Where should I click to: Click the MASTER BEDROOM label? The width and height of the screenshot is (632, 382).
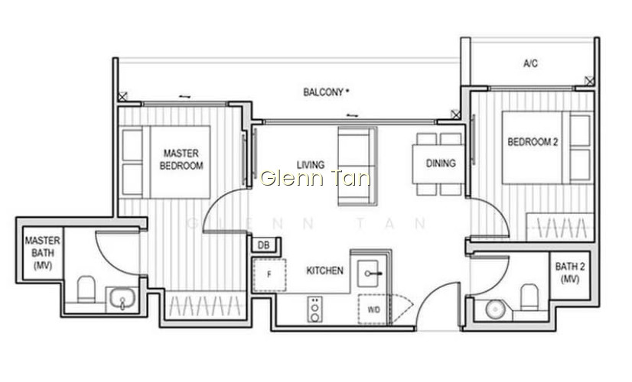[181, 160]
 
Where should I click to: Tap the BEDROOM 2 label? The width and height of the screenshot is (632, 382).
[533, 142]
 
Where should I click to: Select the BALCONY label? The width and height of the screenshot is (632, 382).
[326, 92]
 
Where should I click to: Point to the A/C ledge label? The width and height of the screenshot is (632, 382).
[530, 63]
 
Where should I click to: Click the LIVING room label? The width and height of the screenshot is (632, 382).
[311, 164]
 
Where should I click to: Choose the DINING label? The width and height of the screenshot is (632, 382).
[441, 163]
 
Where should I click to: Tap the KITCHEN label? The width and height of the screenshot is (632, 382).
[325, 270]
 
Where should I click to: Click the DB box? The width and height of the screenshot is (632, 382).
[264, 245]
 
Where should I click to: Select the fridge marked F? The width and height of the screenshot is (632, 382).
[269, 275]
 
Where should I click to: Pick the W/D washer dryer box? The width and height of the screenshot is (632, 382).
[373, 309]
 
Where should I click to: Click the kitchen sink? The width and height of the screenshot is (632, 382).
[369, 274]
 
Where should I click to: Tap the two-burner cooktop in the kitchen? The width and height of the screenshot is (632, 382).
[314, 309]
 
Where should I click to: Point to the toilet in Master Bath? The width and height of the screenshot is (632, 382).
[86, 289]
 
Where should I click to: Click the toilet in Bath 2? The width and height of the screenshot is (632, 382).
[529, 297]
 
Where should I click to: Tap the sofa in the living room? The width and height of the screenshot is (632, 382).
[357, 167]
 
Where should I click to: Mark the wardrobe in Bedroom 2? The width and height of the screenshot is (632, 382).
[560, 228]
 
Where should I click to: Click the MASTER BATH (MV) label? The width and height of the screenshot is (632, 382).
[42, 253]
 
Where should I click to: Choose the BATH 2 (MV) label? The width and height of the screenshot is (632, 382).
[569, 273]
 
